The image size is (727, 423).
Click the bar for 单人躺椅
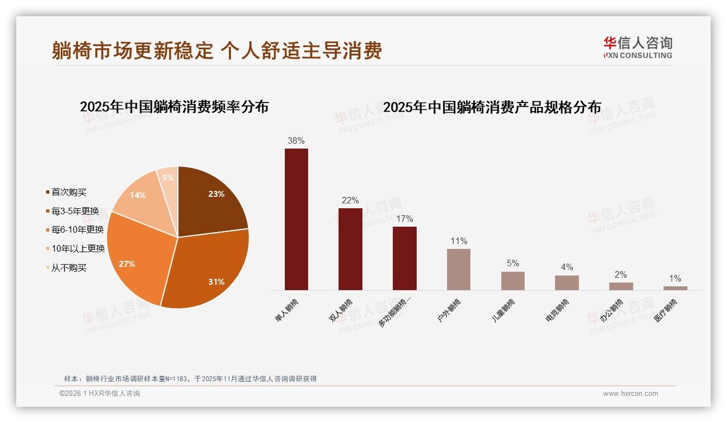tap(296, 219)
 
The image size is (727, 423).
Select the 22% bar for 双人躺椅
tap(350, 249)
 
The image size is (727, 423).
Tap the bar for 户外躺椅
tap(458, 269)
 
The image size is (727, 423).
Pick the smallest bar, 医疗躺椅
tap(675, 288)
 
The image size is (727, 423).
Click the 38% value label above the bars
tap(296, 141)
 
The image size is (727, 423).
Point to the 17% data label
tap(404, 219)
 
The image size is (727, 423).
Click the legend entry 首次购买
tap(68, 192)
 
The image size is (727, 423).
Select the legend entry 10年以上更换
tap(78, 249)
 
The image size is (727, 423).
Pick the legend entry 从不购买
tap(68, 268)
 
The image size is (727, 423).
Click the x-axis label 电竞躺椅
tap(558, 311)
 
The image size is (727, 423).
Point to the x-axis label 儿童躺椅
tap(504, 311)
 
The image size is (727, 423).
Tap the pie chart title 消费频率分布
tap(174, 106)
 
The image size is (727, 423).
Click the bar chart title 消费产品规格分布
tap(492, 107)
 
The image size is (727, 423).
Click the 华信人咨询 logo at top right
tap(637, 47)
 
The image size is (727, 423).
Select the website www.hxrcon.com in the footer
tap(630, 394)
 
